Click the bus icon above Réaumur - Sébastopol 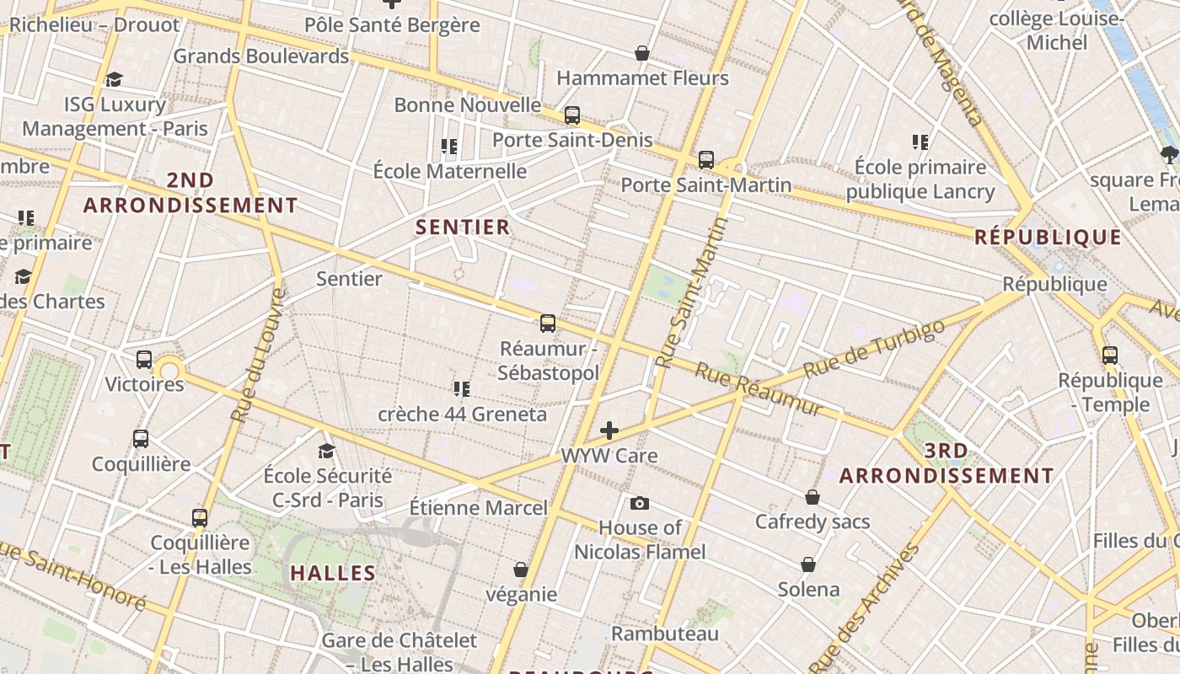coord(548,323)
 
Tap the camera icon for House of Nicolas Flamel coord(640,503)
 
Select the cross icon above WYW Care coord(609,431)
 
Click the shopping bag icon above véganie coord(521,570)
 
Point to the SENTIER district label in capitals coord(463,227)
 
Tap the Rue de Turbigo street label coord(874,349)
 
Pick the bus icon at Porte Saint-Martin coord(706,159)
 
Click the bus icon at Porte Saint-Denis coord(572,115)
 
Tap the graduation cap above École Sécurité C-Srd coord(327,451)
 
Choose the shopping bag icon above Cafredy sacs coord(813,497)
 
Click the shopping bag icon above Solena coord(808,564)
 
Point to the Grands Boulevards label coord(260,56)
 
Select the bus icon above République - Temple coord(1110,356)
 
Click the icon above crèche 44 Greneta coord(461,389)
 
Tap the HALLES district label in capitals coord(333,574)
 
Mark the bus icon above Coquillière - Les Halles coord(200,517)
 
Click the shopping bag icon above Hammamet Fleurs coord(642,53)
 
